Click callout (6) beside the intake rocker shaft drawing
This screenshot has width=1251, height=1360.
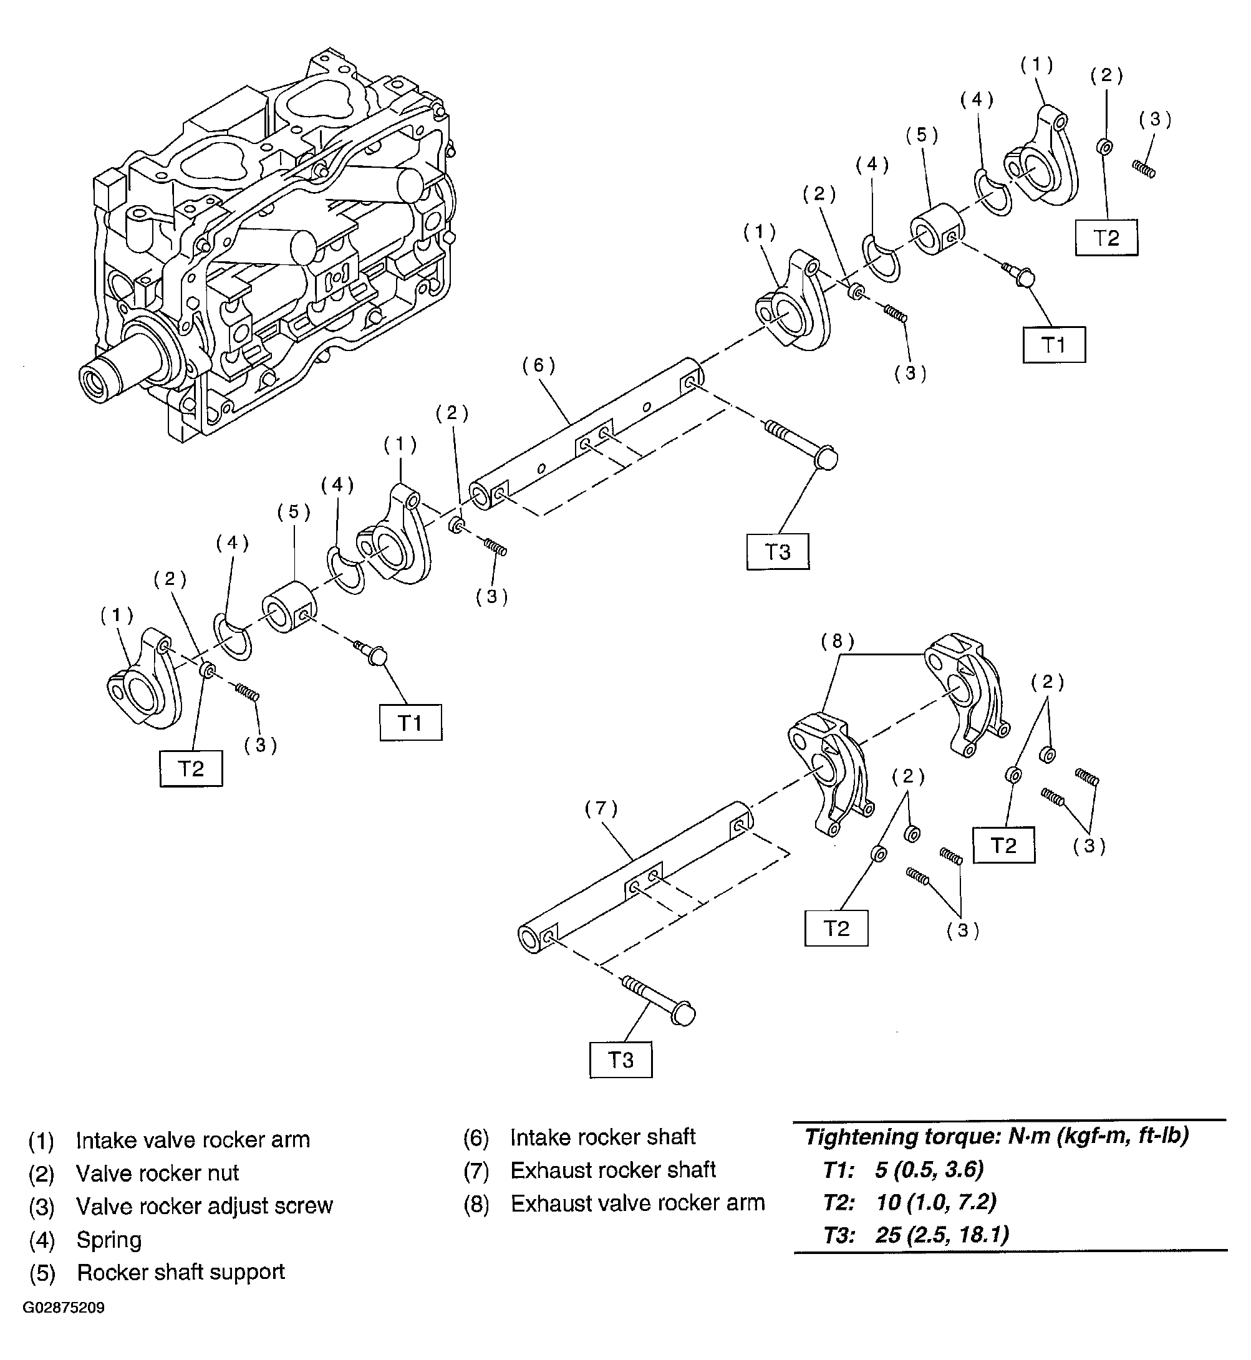(539, 365)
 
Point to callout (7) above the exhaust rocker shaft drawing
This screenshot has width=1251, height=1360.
(602, 808)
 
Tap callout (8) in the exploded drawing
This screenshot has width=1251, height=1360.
(838, 641)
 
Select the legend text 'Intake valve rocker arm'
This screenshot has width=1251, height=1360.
(193, 1140)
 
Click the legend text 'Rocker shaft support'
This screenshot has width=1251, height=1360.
(181, 1272)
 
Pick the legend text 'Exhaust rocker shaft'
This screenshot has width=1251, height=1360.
(612, 1170)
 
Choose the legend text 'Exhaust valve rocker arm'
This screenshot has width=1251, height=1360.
(638, 1203)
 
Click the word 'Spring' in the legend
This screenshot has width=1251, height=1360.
(109, 1240)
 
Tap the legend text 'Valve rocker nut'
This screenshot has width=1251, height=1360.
(157, 1173)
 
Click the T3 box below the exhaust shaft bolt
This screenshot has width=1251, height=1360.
(621, 1059)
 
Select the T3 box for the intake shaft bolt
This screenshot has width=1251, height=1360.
(778, 552)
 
